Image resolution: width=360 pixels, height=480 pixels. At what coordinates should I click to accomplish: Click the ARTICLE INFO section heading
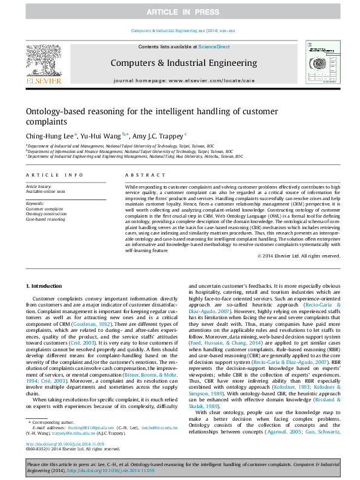[x=55, y=175]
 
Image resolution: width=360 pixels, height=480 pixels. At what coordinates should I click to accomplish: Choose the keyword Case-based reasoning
[x=45, y=219]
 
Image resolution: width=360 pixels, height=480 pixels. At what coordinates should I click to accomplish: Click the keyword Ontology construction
[x=46, y=214]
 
